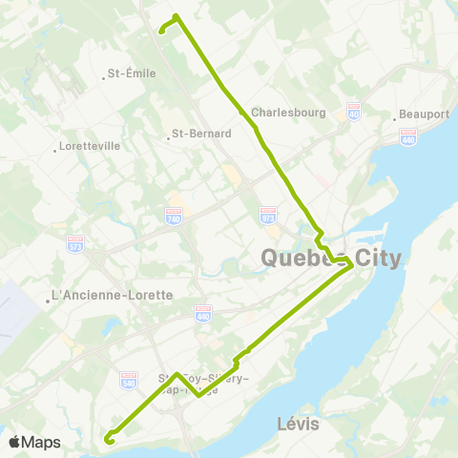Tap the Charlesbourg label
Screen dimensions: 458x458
(289, 112)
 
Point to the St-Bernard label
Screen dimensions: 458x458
(201, 134)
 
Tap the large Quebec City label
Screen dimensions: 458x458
(331, 259)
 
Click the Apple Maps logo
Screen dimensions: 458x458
(34, 442)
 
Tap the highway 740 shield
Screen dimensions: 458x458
(173, 217)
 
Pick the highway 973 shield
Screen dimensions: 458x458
(268, 213)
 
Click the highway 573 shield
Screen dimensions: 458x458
(76, 243)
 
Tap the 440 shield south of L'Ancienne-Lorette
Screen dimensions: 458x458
(202, 312)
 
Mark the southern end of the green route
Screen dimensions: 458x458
(108, 441)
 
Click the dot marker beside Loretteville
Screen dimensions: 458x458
(55, 148)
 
